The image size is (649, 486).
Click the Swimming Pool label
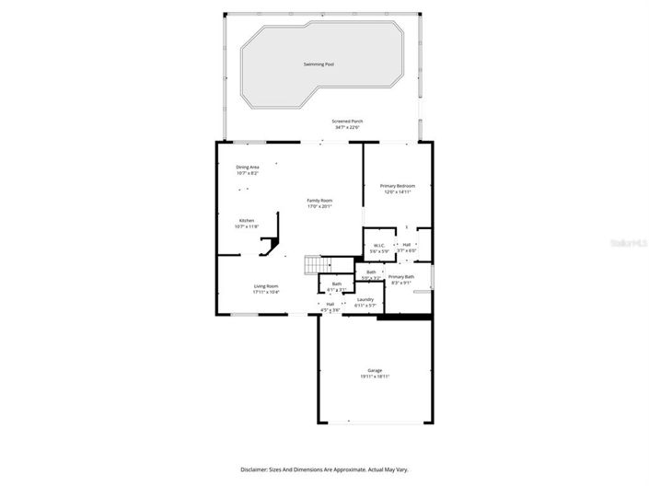pos(319,64)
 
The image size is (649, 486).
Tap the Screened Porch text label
pos(347,121)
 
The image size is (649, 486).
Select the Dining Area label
pos(248,167)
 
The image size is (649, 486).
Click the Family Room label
pos(319,201)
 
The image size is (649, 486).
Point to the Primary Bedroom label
pos(399,186)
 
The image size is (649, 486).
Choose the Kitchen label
pos(247,220)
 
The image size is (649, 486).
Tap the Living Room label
pos(266,286)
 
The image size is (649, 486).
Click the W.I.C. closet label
pos(378,245)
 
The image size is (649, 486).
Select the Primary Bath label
pos(401,277)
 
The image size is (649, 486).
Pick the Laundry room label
pos(365,298)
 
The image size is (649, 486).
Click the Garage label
pos(375,370)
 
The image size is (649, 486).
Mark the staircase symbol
pos(313,264)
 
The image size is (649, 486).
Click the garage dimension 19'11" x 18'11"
pos(375,376)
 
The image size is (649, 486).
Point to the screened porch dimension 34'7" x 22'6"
pos(347,128)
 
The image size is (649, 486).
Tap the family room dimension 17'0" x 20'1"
pos(319,206)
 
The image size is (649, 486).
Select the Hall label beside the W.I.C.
pos(406,245)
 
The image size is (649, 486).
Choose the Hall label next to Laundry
pos(330,304)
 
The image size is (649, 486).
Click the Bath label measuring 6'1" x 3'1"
pos(337,283)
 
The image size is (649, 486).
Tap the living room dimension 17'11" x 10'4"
pos(266,292)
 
